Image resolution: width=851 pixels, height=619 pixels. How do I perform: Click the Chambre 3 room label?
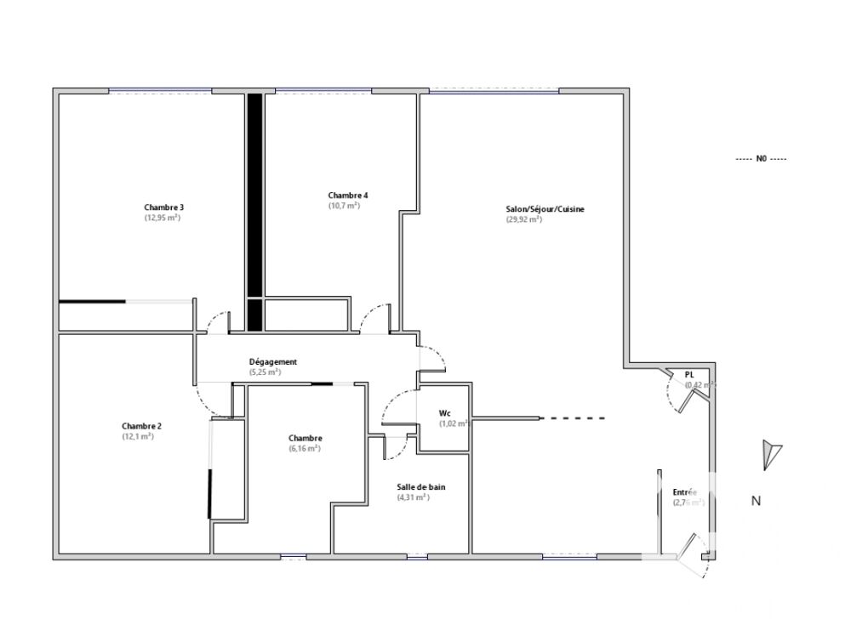[164, 207]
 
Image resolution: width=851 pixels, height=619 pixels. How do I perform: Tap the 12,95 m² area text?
[163, 218]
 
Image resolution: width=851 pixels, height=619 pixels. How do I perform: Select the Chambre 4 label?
[348, 195]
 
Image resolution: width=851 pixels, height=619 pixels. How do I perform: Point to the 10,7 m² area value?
[345, 205]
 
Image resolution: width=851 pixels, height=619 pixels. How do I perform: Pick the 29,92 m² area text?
[523, 219]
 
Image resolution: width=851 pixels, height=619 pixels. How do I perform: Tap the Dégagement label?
[272, 361]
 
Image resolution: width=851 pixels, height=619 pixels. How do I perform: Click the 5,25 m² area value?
[265, 372]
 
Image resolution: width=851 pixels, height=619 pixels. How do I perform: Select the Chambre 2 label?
[141, 426]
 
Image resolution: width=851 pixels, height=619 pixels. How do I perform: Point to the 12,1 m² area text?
[137, 436]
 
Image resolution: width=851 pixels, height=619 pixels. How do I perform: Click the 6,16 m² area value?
[305, 448]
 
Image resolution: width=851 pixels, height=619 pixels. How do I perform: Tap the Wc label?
[444, 413]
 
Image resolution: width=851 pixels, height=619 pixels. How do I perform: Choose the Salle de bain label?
[420, 487]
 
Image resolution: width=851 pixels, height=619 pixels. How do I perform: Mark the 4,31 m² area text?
[413, 497]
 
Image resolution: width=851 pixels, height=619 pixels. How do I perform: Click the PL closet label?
[690, 374]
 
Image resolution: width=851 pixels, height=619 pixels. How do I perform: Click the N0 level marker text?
[761, 159]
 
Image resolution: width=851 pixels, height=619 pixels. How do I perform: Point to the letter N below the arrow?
[755, 501]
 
